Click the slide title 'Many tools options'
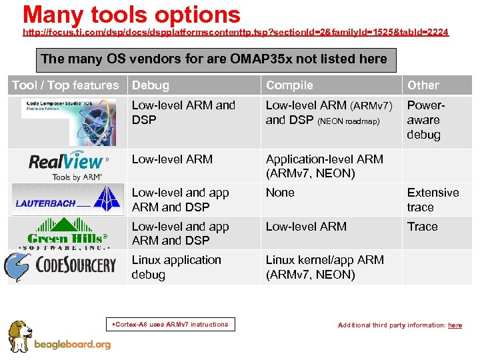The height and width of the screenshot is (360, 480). (131, 14)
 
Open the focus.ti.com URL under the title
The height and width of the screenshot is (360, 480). (235, 32)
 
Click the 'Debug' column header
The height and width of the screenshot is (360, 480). (151, 85)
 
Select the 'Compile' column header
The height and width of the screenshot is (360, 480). (289, 85)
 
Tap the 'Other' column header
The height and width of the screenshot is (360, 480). (423, 85)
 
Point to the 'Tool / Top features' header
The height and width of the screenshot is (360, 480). (65, 85)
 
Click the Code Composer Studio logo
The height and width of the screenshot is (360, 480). (67, 122)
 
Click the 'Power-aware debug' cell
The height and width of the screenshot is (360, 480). (424, 120)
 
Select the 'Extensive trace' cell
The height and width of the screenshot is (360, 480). (433, 199)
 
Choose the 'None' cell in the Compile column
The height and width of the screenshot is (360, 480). (280, 193)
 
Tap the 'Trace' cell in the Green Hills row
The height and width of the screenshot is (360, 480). (423, 227)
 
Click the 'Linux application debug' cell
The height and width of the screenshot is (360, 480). (176, 267)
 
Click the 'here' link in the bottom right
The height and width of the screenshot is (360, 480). (455, 325)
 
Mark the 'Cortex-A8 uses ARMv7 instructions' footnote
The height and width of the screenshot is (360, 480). (171, 325)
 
